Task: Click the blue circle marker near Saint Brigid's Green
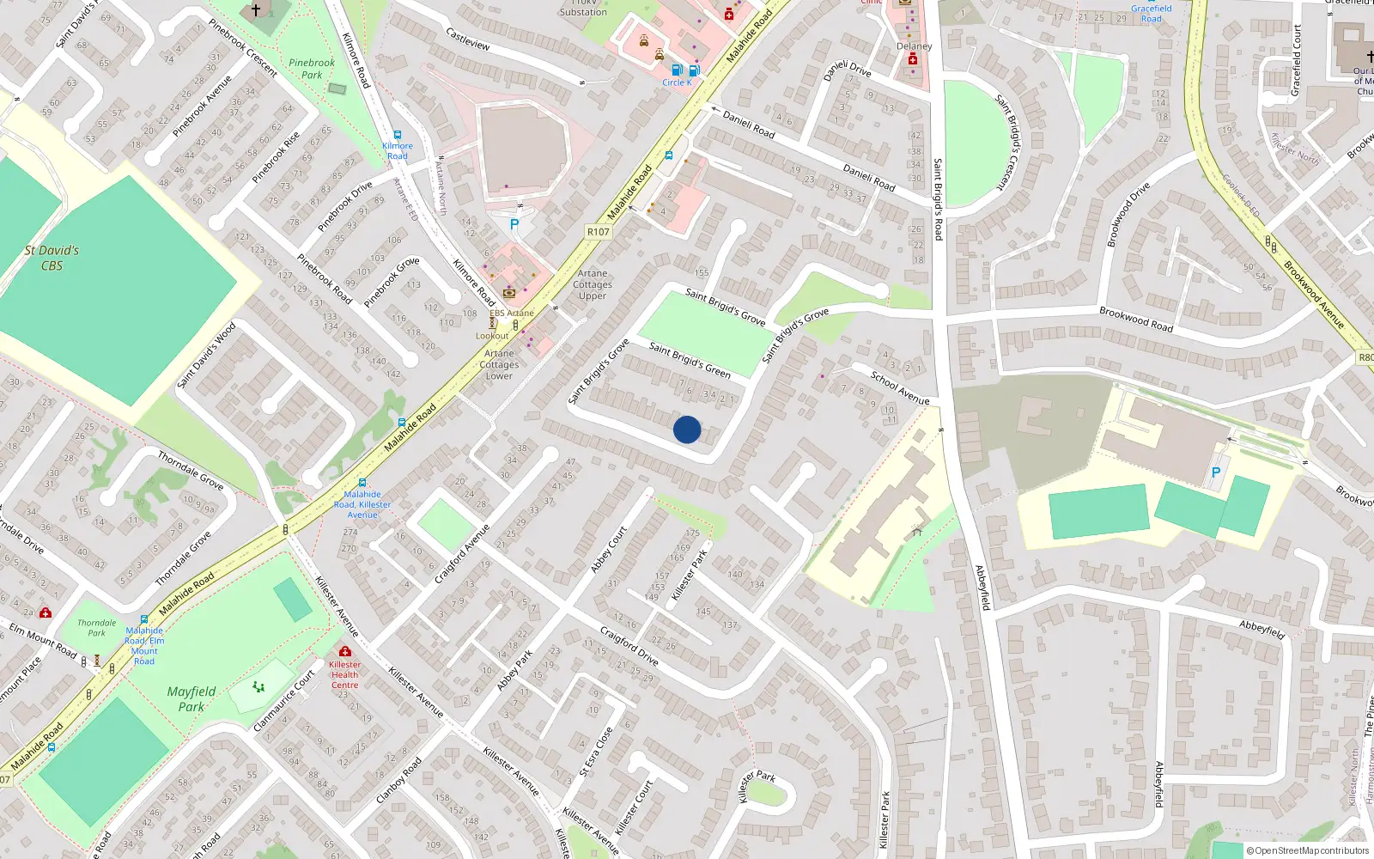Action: [x=687, y=429]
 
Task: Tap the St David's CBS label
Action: [x=52, y=258]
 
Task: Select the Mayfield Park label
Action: [x=192, y=699]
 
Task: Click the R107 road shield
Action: [x=599, y=232]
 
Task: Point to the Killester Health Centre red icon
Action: [x=345, y=651]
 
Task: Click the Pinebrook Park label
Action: [x=312, y=69]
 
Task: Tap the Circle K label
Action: [x=677, y=82]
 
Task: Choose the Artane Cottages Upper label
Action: [x=593, y=284]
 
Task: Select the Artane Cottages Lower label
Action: [x=499, y=364]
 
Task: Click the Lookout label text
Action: [x=493, y=336]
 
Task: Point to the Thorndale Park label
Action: [x=96, y=628]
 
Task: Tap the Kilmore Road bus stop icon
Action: [x=398, y=135]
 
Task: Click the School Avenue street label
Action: [x=900, y=387]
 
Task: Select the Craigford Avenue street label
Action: [x=462, y=554]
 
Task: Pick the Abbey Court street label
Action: [x=609, y=550]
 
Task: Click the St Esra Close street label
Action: [x=597, y=752]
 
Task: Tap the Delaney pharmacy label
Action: [x=914, y=46]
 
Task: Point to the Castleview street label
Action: [x=468, y=39]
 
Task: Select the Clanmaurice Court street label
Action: [x=284, y=701]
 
